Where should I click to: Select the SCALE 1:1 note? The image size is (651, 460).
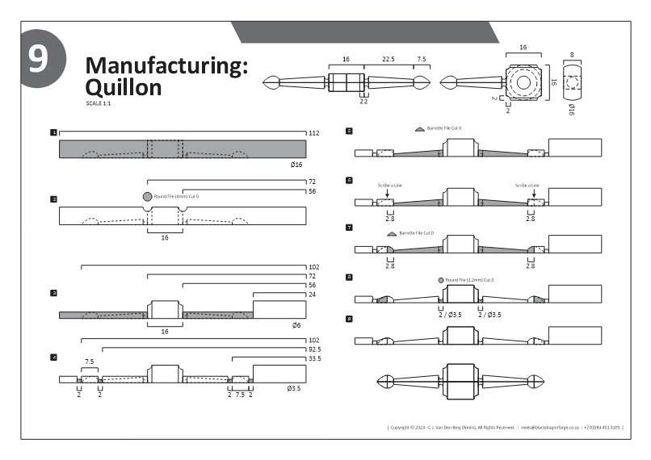(x=98, y=103)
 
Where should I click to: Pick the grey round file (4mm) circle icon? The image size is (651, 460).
(x=147, y=196)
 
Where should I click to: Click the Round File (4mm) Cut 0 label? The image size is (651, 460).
(x=176, y=196)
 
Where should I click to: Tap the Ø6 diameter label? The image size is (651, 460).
(x=297, y=325)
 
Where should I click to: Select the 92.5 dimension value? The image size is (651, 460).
(x=314, y=350)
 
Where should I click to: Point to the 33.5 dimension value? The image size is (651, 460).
(x=314, y=359)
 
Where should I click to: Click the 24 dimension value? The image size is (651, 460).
(x=312, y=295)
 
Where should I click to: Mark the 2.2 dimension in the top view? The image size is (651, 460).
(x=363, y=102)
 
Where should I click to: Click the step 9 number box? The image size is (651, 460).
(x=348, y=320)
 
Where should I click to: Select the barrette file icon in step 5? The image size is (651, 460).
(x=418, y=128)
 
